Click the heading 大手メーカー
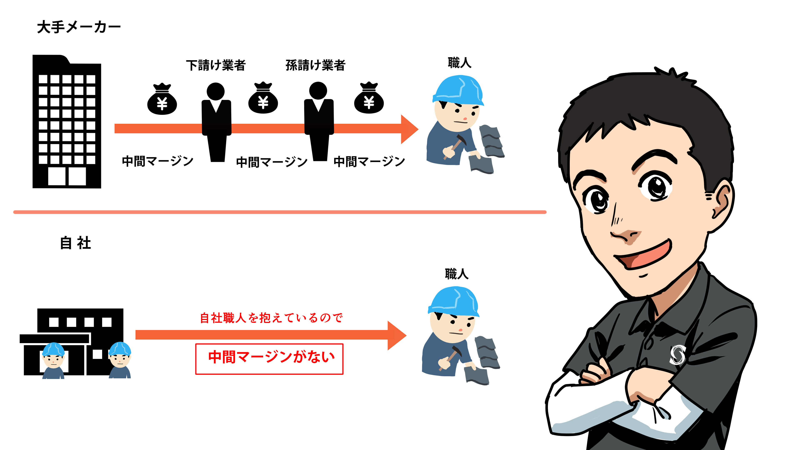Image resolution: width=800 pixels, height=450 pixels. pyautogui.click(x=79, y=27)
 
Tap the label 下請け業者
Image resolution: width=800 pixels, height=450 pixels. pyautogui.click(x=216, y=65)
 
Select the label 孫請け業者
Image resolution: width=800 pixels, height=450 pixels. pyautogui.click(x=315, y=65)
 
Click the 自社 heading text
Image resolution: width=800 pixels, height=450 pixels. pyautogui.click(x=75, y=243)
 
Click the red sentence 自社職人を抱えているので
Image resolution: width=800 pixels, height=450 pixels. pyautogui.click(x=271, y=318)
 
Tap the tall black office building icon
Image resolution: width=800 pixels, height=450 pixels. pyautogui.click(x=67, y=121)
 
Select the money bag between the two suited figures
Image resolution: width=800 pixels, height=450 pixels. pyautogui.click(x=263, y=98)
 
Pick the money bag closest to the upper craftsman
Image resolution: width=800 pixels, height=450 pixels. pyautogui.click(x=369, y=98)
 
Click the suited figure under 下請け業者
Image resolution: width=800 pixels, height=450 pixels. pyautogui.click(x=216, y=122)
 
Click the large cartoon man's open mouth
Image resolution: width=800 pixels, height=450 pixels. pyautogui.click(x=644, y=254)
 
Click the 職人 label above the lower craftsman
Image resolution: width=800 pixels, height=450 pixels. pyautogui.click(x=456, y=274)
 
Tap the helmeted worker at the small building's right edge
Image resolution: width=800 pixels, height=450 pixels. pyautogui.click(x=120, y=360)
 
